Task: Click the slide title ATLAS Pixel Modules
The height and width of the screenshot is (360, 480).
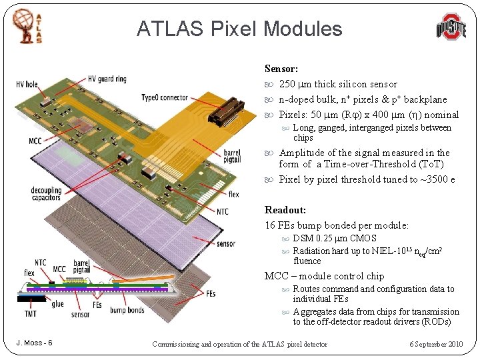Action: [239, 29]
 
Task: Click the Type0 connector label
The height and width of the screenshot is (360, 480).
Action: [165, 97]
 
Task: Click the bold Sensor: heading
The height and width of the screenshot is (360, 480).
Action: [281, 69]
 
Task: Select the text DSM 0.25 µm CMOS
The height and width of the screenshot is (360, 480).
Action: [335, 238]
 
